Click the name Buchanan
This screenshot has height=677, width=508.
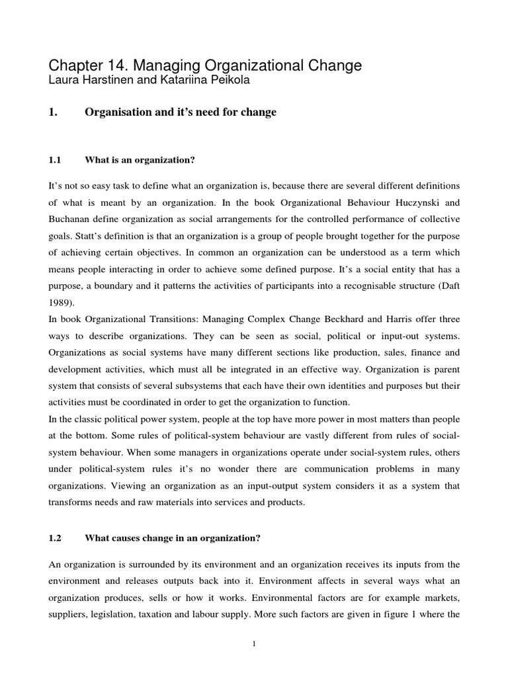point(73,219)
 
